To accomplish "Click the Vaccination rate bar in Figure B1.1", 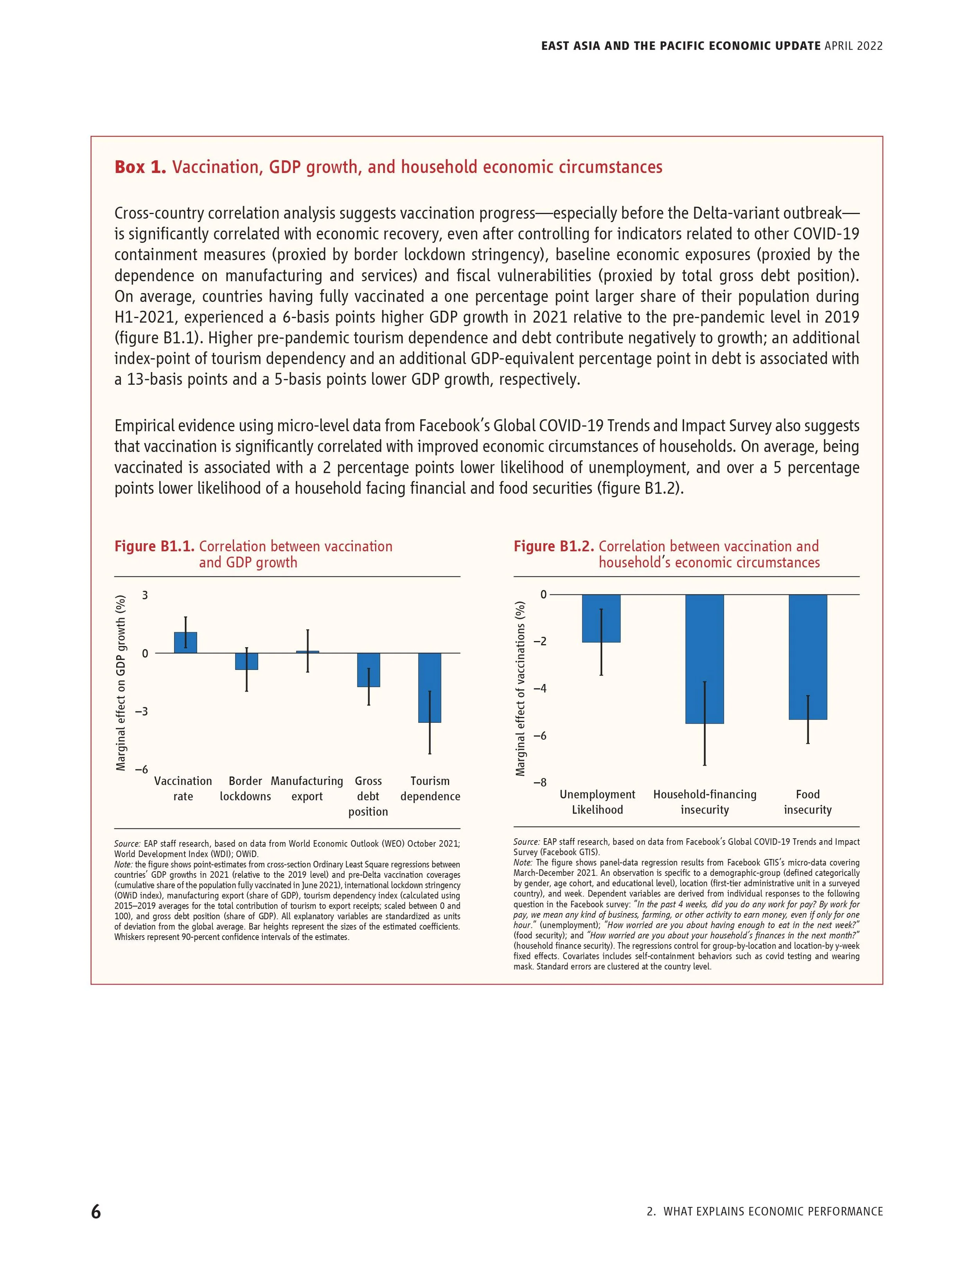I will (x=185, y=643).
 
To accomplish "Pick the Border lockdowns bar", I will (x=246, y=661).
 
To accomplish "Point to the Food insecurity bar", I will (x=808, y=657).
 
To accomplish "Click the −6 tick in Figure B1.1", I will (x=141, y=770).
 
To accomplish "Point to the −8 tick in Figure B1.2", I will (x=539, y=783).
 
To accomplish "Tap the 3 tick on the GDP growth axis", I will (x=145, y=595).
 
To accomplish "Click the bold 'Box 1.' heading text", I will (x=140, y=167).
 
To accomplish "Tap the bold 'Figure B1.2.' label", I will (x=554, y=547).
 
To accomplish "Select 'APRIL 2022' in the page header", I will (x=853, y=46).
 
